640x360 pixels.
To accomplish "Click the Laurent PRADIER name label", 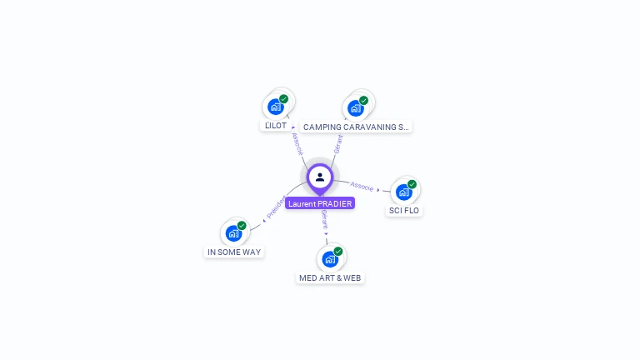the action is tap(320, 203).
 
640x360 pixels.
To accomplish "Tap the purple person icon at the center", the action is tap(320, 177).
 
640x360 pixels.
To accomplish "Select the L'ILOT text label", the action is tap(275, 126).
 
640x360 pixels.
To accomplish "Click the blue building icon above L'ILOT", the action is tap(276, 107).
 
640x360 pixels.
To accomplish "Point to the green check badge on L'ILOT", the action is tap(283, 98).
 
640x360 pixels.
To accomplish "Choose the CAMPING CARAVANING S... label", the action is tap(356, 127).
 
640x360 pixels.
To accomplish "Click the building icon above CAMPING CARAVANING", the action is tap(356, 108).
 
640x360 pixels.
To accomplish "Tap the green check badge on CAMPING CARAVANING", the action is tap(363, 101).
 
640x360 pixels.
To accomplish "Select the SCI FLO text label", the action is tap(404, 210).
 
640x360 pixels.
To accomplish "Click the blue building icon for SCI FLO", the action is tap(404, 192).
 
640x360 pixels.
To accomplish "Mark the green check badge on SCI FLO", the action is tap(412, 184).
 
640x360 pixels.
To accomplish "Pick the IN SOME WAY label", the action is tap(234, 252).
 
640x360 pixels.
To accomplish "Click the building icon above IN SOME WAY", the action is tap(234, 233).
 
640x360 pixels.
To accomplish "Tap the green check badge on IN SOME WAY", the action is tap(242, 226).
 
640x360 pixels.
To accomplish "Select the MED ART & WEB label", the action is tap(331, 277).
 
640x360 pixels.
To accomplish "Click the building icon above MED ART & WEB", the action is tap(330, 259).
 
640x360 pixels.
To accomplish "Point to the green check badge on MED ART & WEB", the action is tap(337, 252).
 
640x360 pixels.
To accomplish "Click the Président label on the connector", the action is tap(276, 207).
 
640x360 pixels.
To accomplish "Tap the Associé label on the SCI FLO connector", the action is tap(362, 186).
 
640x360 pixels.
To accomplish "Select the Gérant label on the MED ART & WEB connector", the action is tap(324, 221).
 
